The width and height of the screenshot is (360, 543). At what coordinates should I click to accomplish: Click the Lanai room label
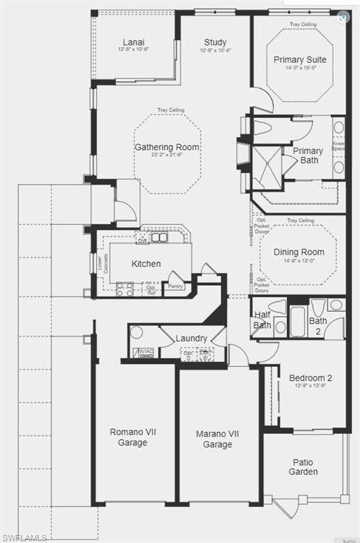[x=133, y=42]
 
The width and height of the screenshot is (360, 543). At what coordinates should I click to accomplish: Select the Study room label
[x=215, y=42]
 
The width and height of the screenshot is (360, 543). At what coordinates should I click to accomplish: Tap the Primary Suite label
[x=300, y=59]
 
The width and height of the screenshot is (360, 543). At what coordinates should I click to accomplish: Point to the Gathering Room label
[x=167, y=147]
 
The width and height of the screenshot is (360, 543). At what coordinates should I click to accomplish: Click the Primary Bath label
[x=308, y=155]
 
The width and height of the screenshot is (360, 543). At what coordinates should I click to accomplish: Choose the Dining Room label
[x=298, y=252]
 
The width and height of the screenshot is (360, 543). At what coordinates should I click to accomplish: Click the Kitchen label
[x=146, y=264]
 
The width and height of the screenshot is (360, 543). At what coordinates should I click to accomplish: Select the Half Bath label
[x=262, y=321]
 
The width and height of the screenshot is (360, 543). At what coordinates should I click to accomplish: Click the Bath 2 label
[x=318, y=325]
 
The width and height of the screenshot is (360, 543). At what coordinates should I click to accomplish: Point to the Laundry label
[x=191, y=338]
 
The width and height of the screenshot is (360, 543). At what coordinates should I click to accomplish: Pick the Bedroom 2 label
[x=310, y=378]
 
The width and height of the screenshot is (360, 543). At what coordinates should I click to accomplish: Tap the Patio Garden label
[x=303, y=467]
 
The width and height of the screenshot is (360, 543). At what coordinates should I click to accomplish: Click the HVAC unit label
[x=144, y=351]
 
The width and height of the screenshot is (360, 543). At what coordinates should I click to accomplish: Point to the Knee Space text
[x=339, y=146]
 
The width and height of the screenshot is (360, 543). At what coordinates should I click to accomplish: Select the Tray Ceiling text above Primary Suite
[x=303, y=25]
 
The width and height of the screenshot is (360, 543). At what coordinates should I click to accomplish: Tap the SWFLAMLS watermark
[x=24, y=537]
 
